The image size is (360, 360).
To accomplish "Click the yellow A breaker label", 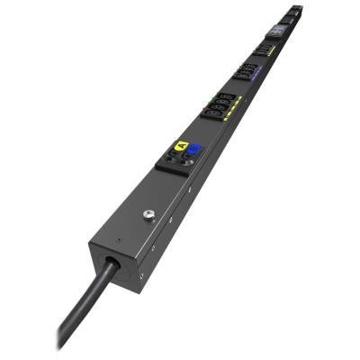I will [180, 146].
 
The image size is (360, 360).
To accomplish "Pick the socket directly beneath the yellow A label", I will [171, 162].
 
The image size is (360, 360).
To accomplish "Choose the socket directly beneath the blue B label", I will [187, 157].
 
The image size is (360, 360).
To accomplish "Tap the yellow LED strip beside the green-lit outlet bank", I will [237, 108].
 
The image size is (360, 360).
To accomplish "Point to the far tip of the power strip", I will [298, 9].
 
